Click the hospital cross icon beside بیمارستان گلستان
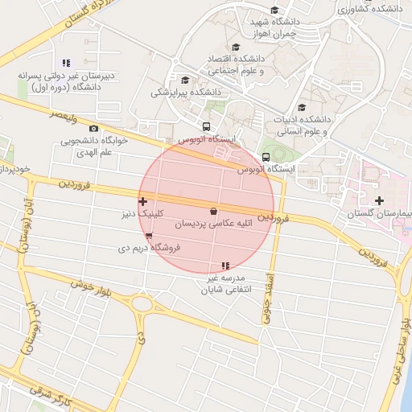point(380,200)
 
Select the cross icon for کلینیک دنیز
point(143,202)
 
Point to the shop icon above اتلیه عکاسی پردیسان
point(213,212)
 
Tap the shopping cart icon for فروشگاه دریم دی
point(149,236)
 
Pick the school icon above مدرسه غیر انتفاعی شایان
point(225,266)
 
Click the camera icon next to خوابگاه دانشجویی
point(94,129)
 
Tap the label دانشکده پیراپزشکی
point(186,93)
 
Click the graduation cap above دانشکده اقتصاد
point(236,47)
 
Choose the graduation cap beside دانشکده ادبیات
point(302,107)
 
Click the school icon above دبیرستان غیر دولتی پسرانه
point(67,62)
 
